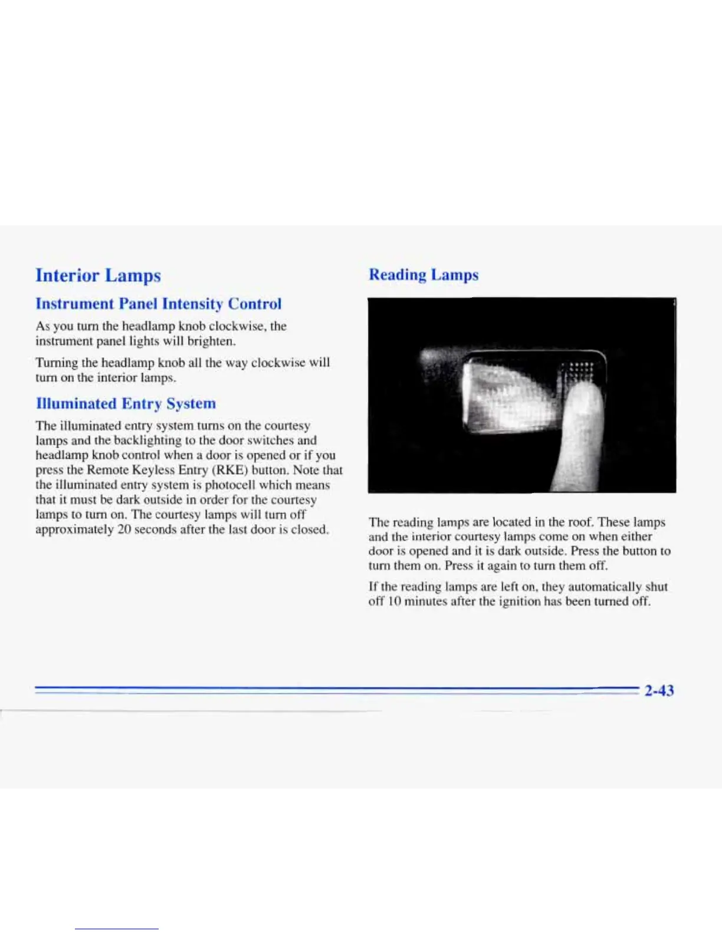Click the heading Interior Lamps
98,275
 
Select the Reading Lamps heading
424,275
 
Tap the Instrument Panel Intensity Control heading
159,304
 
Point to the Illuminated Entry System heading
126,403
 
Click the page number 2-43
659,690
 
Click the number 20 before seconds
124,530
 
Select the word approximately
74,530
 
